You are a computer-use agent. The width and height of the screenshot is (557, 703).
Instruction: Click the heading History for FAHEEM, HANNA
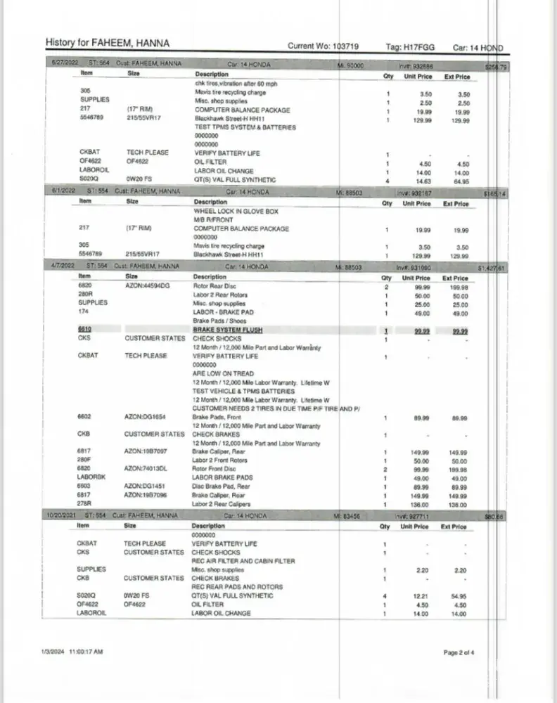point(107,44)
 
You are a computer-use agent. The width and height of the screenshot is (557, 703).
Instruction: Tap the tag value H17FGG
point(420,47)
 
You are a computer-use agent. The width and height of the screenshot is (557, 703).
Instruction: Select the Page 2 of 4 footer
point(459,652)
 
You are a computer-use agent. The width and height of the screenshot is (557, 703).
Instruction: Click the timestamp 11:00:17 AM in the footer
point(86,652)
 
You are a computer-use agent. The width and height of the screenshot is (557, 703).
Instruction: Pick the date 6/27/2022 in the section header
point(64,64)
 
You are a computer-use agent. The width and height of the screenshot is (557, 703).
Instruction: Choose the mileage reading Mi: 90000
point(350,64)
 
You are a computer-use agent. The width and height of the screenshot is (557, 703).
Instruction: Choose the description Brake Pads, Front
point(217,417)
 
